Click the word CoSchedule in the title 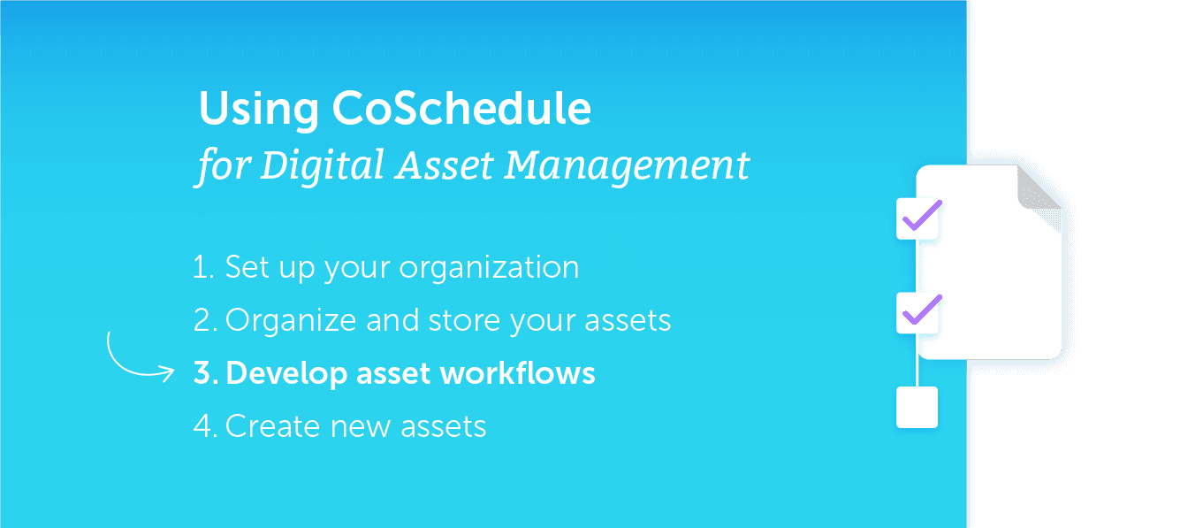click(x=461, y=108)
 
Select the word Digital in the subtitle click(x=323, y=166)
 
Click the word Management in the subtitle click(x=627, y=166)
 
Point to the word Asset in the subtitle click(x=444, y=165)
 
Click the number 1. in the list click(x=203, y=267)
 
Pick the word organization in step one click(x=489, y=268)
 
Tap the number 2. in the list click(x=205, y=320)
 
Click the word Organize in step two click(x=291, y=321)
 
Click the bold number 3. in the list click(x=206, y=372)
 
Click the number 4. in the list click(x=205, y=426)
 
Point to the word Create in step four click(x=272, y=426)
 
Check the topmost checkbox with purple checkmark click(x=917, y=218)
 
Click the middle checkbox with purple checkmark click(x=917, y=312)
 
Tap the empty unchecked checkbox click(x=917, y=407)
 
